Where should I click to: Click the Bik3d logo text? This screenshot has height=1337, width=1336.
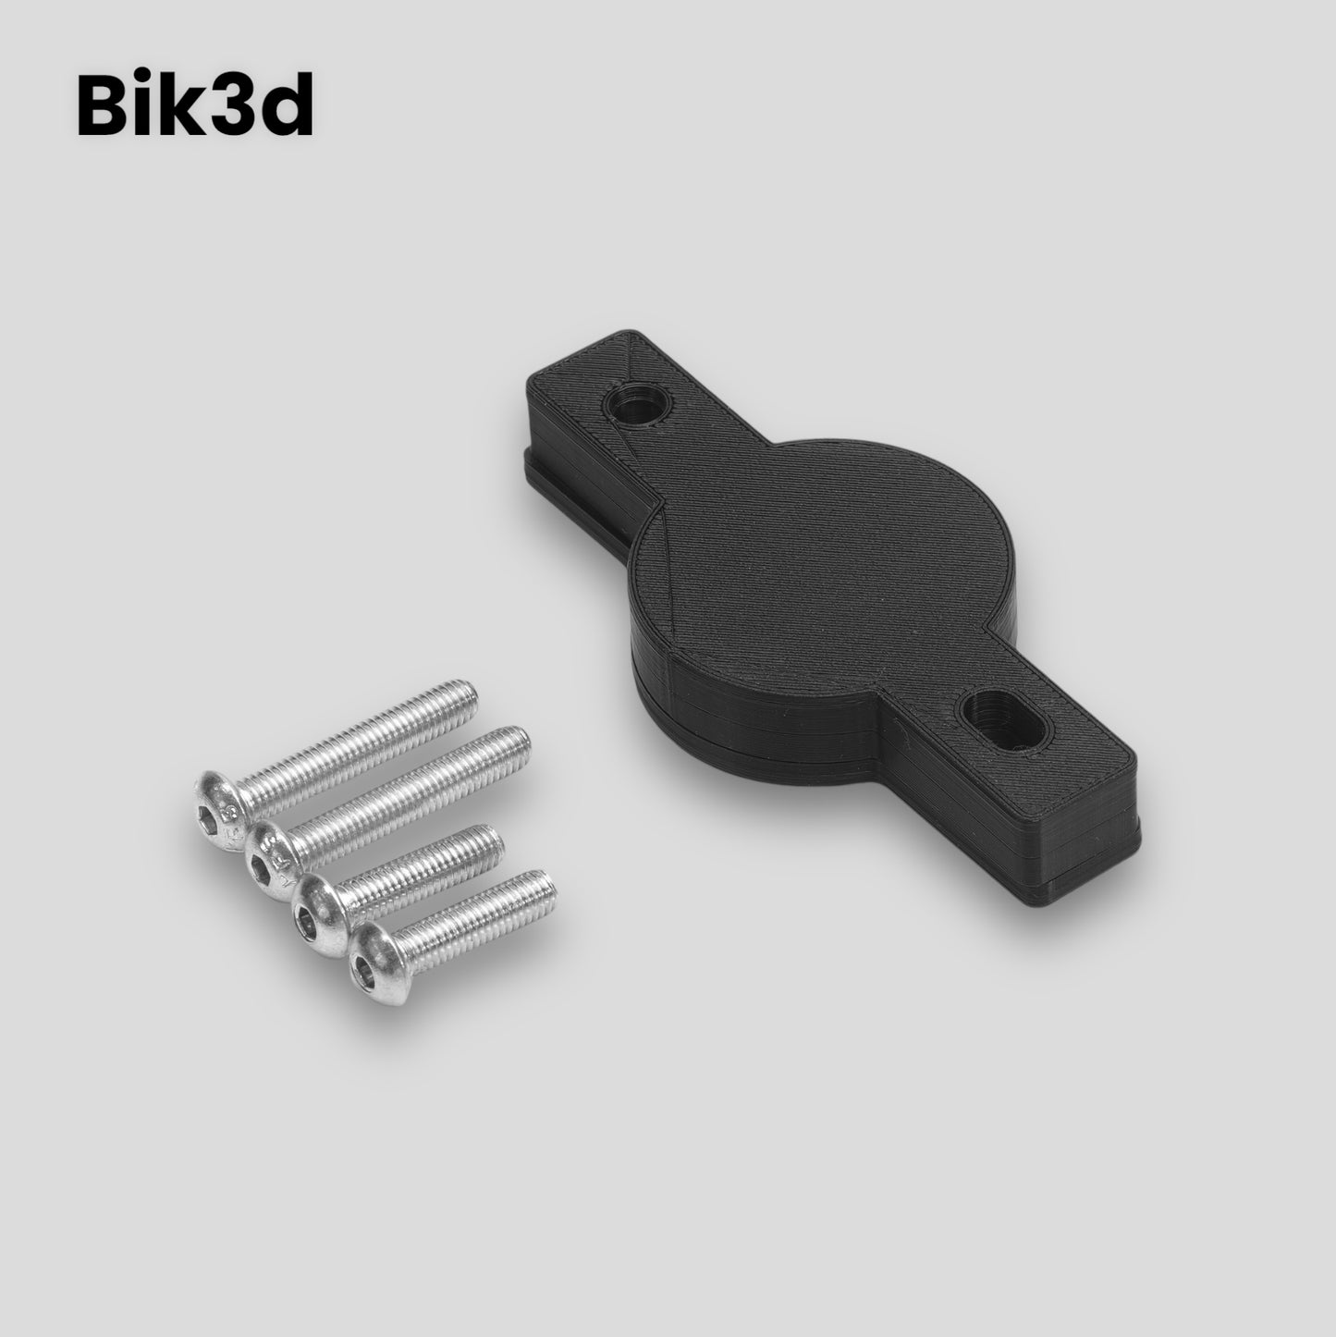click(195, 103)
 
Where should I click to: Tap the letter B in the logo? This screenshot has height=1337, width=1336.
click(104, 104)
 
